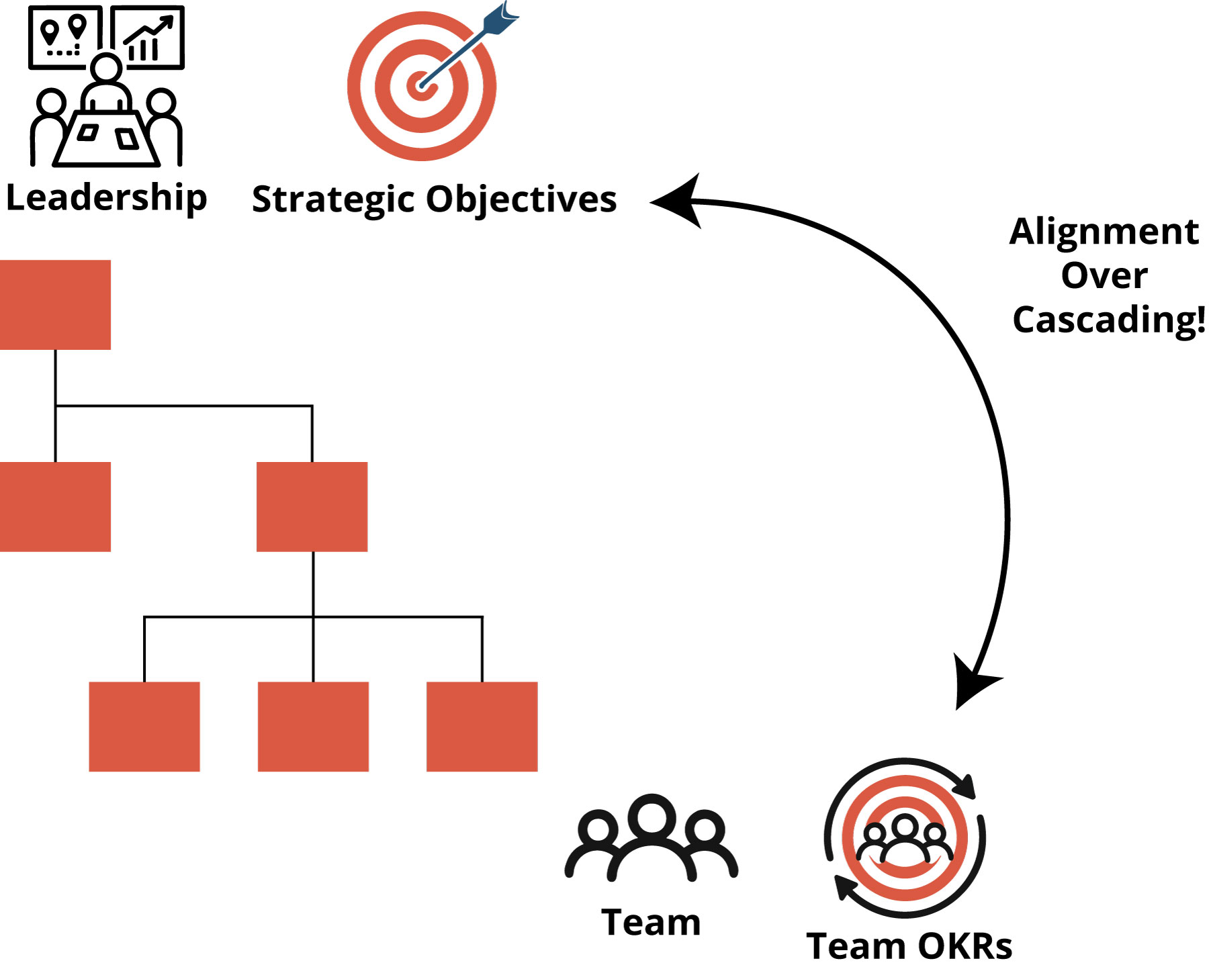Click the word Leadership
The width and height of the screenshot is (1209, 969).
click(x=106, y=197)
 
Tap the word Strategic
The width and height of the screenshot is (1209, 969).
click(x=333, y=199)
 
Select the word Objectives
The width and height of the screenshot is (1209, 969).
click(x=521, y=199)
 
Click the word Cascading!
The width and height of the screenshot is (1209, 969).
click(x=1108, y=320)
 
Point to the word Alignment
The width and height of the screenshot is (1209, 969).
click(x=1104, y=232)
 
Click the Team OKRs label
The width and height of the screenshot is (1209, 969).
click(x=909, y=946)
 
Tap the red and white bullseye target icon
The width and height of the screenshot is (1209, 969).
click(x=422, y=86)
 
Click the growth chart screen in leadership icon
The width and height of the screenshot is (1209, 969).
click(x=148, y=38)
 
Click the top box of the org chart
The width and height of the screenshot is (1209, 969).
click(x=55, y=305)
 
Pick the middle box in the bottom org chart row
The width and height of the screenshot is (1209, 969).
click(x=313, y=727)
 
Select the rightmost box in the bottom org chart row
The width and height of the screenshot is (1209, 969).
click(x=482, y=727)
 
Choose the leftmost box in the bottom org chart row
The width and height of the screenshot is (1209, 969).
click(x=144, y=727)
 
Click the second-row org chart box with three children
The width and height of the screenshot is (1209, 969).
click(x=312, y=507)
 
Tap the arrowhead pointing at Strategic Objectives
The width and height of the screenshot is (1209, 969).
click(x=678, y=201)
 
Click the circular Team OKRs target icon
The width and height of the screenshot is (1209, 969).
click(x=905, y=838)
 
